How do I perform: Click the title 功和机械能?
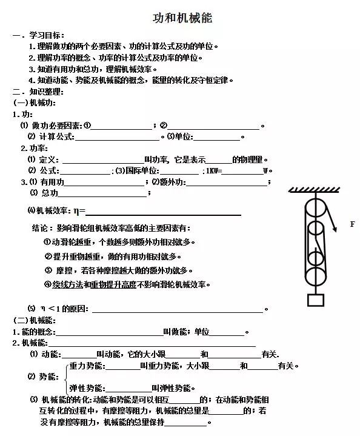click(182, 18)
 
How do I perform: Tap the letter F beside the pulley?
click(352, 224)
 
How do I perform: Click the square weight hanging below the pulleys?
click(315, 300)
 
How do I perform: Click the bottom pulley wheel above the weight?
click(315, 274)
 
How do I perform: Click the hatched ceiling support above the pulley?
click(315, 190)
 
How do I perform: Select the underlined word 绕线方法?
click(67, 284)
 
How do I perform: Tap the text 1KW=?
click(215, 170)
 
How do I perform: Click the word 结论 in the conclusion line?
click(39, 229)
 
